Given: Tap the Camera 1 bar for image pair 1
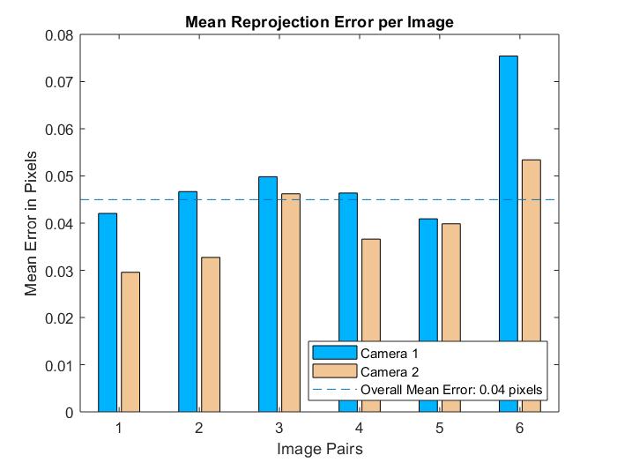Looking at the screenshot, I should [x=108, y=312].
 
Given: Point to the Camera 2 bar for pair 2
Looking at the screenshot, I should [x=211, y=334].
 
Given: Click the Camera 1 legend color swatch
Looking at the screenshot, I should [x=334, y=354].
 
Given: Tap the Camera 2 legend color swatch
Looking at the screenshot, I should [x=334, y=371].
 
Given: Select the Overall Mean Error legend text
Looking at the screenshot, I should [x=450, y=389].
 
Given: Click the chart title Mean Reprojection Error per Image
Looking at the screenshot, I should [x=319, y=22].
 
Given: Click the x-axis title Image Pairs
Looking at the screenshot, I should [x=319, y=449].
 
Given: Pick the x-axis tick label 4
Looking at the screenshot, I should [x=360, y=428].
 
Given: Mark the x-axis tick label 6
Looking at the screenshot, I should [x=520, y=428].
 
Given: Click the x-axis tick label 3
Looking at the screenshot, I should [x=279, y=428].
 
